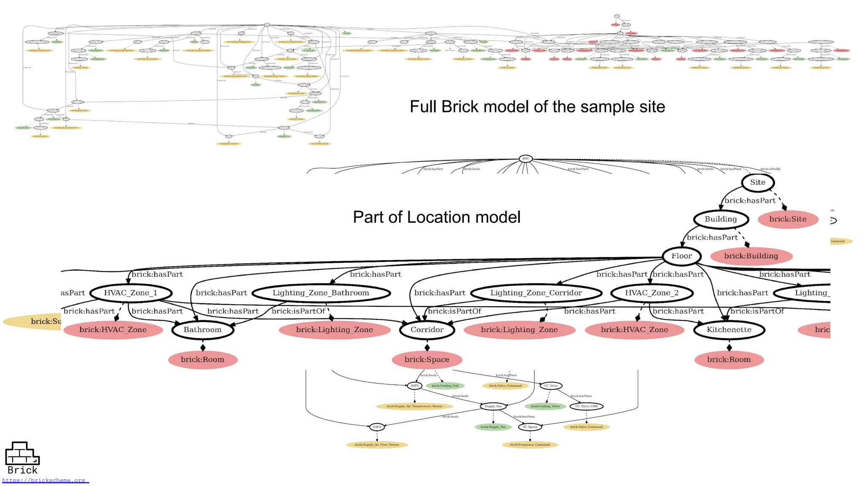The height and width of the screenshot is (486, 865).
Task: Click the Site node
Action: pos(758,182)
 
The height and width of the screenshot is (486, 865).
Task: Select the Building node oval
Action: pos(721,219)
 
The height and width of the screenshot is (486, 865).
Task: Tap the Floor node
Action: pos(682,256)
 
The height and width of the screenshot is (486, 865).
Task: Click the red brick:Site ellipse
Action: pos(788,219)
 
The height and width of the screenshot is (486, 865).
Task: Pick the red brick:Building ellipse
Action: pos(751,256)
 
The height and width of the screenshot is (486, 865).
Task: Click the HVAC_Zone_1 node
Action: pos(131,293)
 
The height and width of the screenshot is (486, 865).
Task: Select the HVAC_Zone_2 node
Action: pos(652,293)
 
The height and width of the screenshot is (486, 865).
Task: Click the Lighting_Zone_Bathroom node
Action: pos(321,293)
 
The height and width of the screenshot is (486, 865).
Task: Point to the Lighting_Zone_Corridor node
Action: pos(536,293)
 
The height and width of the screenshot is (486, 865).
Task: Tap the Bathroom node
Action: pos(202,330)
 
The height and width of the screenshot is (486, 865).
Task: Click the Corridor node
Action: pos(427,330)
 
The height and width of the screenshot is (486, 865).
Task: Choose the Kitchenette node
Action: pos(729,330)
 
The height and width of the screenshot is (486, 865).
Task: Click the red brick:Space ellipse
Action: pos(427,360)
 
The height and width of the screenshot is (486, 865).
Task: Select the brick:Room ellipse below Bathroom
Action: pos(202,360)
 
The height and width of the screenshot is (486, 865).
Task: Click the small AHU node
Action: pos(525,159)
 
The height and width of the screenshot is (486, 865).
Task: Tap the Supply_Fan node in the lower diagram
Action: pos(493,406)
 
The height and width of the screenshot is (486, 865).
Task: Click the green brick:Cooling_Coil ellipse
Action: pos(445,386)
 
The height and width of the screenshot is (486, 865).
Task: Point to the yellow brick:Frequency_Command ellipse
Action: pos(530,445)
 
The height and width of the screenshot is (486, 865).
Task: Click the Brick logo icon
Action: pos(22,454)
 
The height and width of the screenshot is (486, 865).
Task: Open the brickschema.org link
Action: pos(44,481)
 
